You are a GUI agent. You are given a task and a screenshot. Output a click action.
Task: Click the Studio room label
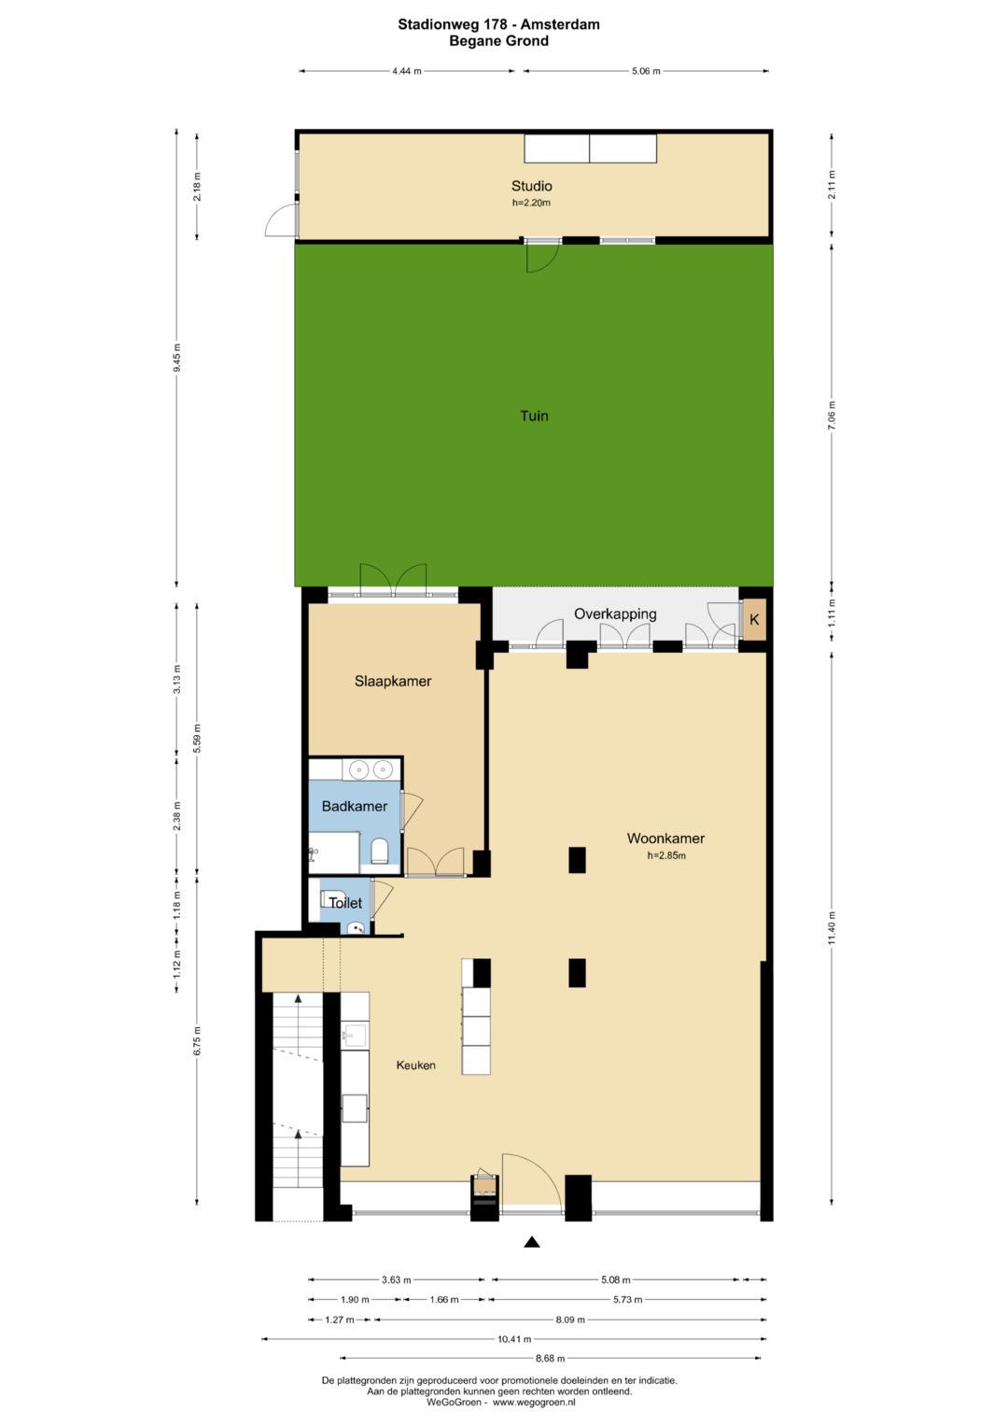(531, 186)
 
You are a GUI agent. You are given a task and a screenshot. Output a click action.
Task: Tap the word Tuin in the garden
(534, 416)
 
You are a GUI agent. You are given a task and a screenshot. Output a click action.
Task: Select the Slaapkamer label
(393, 681)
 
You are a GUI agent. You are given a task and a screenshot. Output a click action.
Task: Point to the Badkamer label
(355, 806)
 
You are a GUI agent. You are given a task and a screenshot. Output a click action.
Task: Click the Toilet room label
(345, 902)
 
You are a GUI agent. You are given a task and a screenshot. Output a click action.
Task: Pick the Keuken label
(415, 1065)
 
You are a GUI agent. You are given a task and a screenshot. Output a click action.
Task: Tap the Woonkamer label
(665, 838)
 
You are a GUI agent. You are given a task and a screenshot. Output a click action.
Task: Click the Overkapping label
(615, 614)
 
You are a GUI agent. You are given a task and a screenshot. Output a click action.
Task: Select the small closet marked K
(754, 619)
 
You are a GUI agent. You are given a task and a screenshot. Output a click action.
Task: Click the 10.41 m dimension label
(514, 1339)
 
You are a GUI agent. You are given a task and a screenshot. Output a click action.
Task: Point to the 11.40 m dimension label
(832, 929)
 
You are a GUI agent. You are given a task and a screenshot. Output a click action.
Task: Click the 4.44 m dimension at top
(407, 71)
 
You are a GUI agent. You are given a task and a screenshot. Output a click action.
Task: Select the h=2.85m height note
(666, 855)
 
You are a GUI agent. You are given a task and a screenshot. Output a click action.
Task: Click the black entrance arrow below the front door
(532, 1242)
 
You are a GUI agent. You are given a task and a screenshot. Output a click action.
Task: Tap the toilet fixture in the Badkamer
(379, 851)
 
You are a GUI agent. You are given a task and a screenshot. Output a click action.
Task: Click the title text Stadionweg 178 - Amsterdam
(499, 24)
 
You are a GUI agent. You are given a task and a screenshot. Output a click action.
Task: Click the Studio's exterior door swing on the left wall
(281, 220)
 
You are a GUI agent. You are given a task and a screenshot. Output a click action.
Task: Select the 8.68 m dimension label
(550, 1358)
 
